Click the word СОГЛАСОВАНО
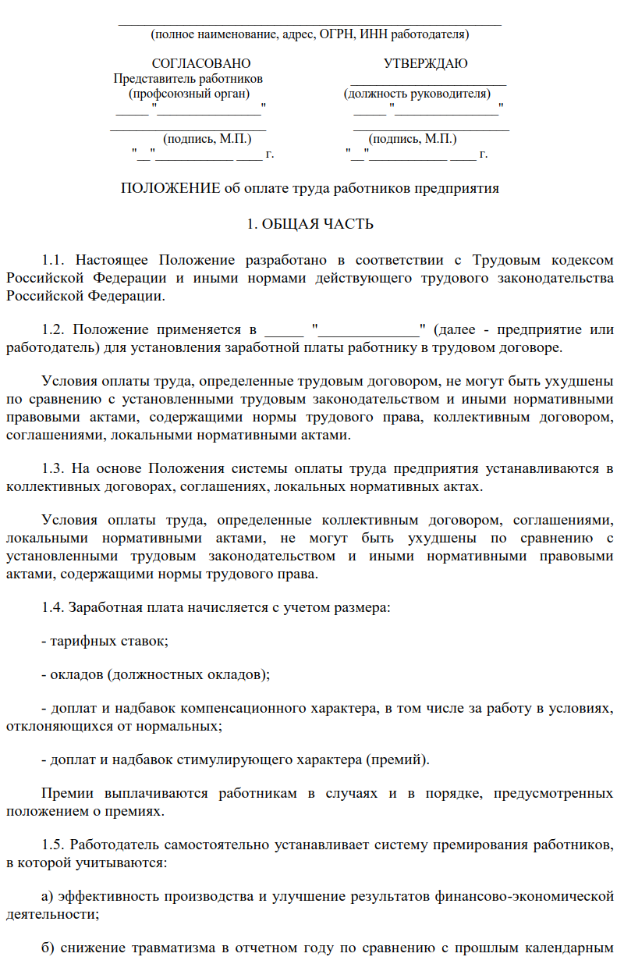pyautogui.click(x=200, y=64)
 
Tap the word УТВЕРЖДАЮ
pyautogui.click(x=426, y=64)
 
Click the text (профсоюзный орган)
pyautogui.click(x=190, y=94)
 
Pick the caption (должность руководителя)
pyautogui.click(x=417, y=94)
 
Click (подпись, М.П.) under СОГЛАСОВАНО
pyautogui.click(x=207, y=139)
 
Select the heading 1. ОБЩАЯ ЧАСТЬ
pyautogui.click(x=310, y=225)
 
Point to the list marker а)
pyautogui.click(x=47, y=895)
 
